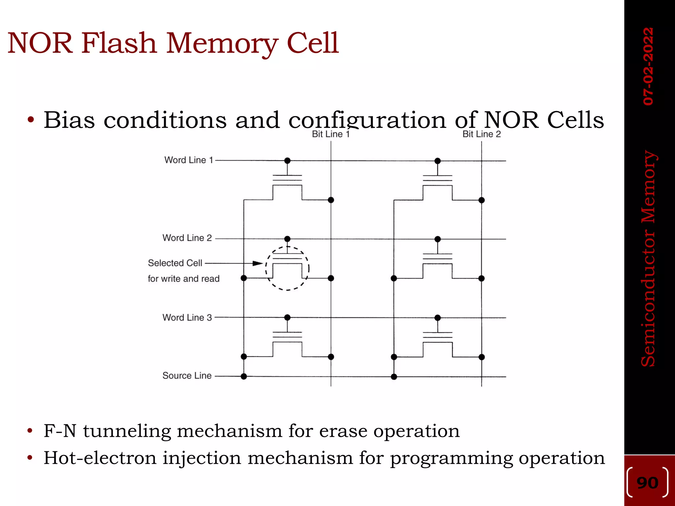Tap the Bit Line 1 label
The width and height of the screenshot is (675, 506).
[331, 134]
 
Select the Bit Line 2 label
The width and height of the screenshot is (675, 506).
[482, 134]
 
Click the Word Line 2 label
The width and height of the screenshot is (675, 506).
[187, 238]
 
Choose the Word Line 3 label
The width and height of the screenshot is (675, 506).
[187, 318]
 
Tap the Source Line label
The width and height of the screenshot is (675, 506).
[187, 376]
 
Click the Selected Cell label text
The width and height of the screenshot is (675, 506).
[175, 263]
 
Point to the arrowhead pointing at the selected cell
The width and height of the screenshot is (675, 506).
[258, 263]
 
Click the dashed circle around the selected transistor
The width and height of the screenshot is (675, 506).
[308, 268]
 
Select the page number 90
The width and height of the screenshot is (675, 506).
[647, 483]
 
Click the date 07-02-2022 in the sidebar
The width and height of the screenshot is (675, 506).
[648, 66]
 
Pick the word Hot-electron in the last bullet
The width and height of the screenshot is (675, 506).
[100, 458]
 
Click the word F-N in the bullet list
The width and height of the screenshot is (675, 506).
[60, 431]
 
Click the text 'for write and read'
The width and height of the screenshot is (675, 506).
[184, 279]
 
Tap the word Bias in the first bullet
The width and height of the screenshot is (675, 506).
[69, 120]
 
